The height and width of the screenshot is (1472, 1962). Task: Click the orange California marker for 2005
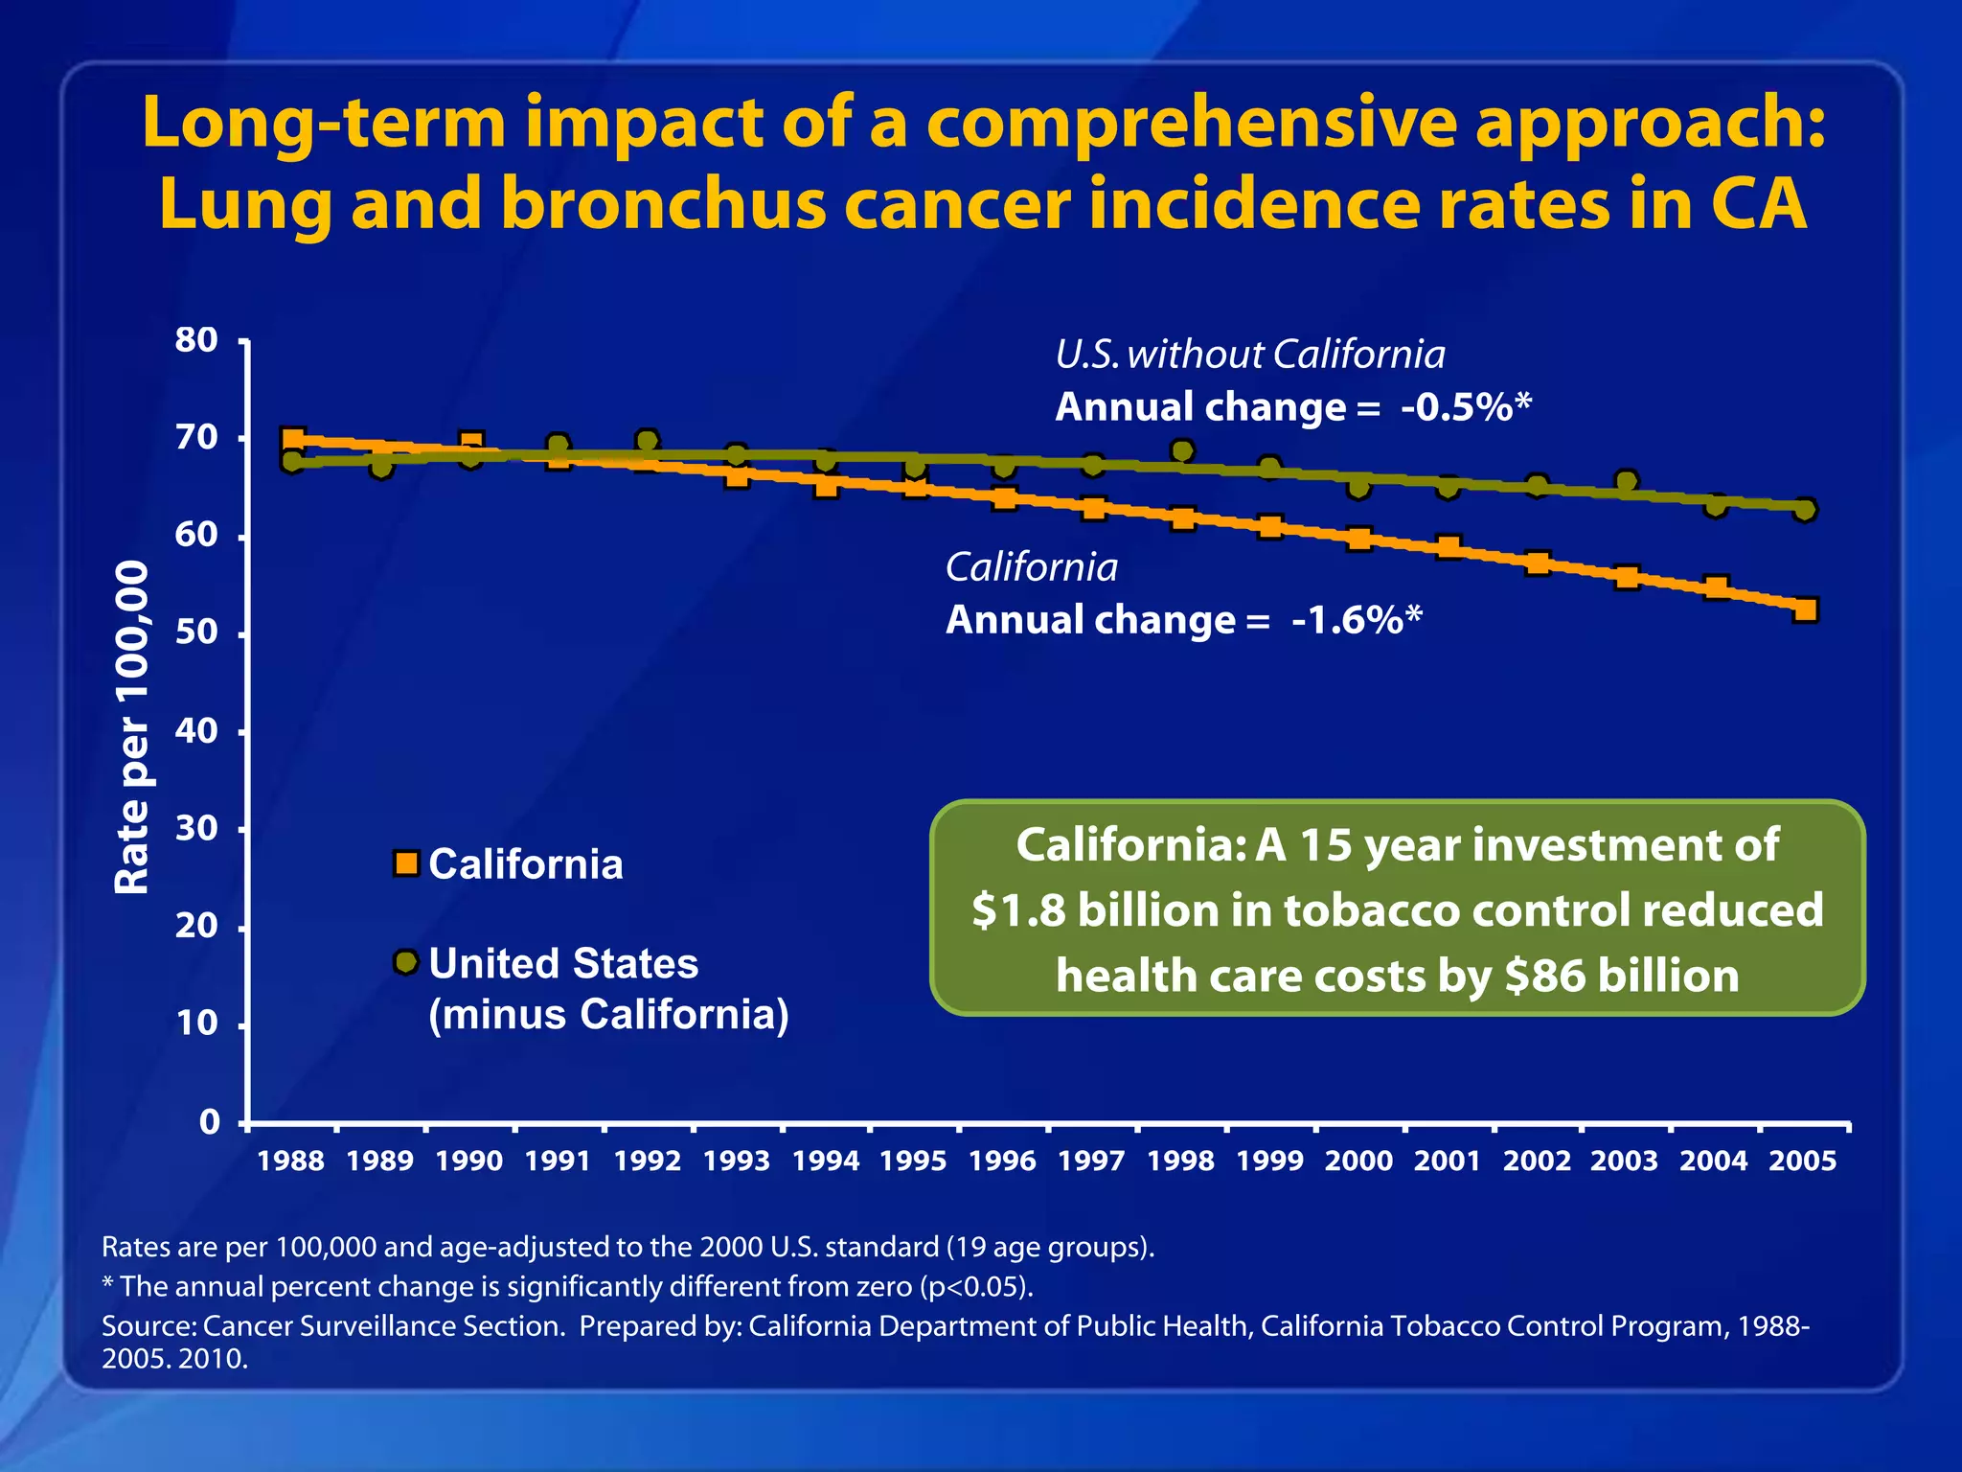1805,609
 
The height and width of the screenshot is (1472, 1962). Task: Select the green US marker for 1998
1182,451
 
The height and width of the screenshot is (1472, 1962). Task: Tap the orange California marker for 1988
293,441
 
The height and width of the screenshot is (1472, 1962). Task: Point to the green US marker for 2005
1805,510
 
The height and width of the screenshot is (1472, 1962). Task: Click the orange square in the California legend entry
406,863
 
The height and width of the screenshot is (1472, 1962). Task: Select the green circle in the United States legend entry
406,961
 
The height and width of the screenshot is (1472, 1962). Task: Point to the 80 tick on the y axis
196,340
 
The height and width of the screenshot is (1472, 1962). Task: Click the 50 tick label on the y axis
196,633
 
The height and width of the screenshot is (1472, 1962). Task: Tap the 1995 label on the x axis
913,1161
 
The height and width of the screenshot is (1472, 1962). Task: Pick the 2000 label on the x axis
1358,1161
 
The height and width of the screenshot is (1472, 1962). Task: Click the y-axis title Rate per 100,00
132,728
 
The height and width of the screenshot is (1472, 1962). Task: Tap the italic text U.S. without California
1249,355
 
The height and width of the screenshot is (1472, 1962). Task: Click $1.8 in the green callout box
1018,910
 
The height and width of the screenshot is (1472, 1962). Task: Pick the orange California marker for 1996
1004,498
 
